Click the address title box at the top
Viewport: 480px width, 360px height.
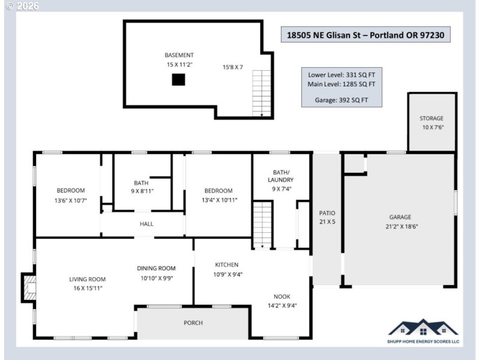365,35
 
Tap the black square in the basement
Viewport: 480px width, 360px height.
178,80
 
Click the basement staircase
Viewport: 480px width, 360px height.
262,93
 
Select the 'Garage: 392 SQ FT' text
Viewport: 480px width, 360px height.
341,100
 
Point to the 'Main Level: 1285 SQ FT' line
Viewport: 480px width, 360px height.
341,84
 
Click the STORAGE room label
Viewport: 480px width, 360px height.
431,118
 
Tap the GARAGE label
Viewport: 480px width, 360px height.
400,217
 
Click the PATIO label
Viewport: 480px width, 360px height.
327,213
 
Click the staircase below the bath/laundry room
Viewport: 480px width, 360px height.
262,224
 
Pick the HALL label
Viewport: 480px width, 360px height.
146,224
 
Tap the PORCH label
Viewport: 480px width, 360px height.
193,323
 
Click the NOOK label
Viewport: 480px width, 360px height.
282,296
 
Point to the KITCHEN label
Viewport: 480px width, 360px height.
227,265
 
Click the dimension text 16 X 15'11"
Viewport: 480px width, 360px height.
88,288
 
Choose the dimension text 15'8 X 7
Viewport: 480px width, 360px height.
232,67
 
